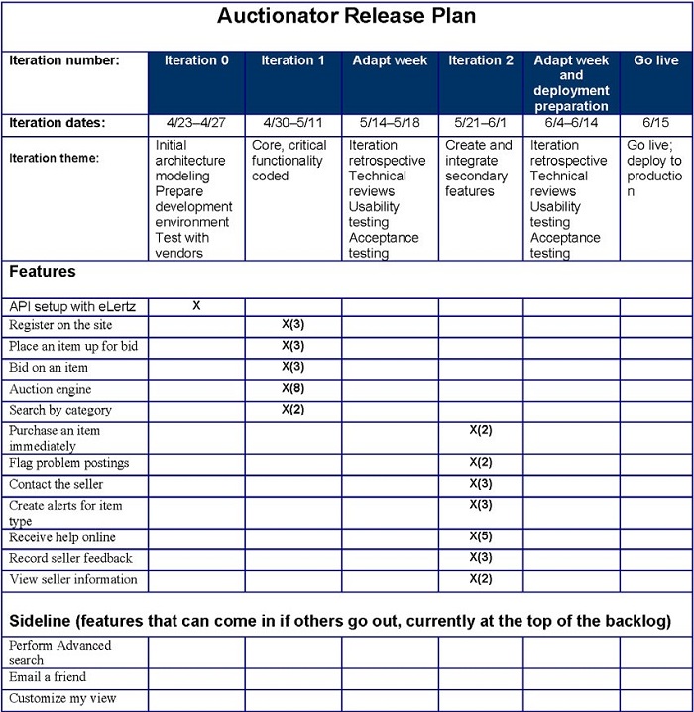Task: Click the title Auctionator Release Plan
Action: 346,16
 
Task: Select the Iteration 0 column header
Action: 196,60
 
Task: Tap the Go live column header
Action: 655,60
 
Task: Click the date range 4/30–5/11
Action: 292,123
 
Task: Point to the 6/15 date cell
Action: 655,123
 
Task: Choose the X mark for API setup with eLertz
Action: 196,306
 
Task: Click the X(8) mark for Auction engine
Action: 292,388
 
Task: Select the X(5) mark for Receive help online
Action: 480,537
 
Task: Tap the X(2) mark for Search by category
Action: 292,409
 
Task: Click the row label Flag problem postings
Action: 69,463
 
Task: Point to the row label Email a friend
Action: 48,677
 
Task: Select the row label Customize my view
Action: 62,698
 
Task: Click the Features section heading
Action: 43,271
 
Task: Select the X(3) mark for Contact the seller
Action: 480,484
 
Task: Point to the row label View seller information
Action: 73,579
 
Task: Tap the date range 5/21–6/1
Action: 480,123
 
